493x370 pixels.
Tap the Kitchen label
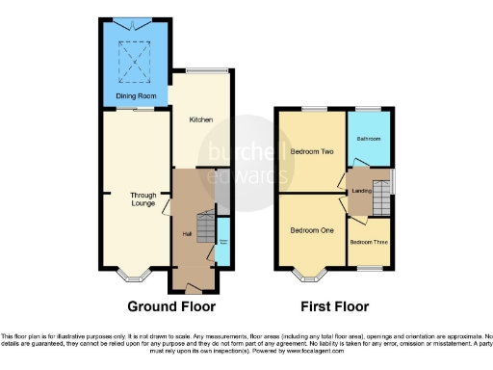tap(201, 119)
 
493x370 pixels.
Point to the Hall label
tap(188, 232)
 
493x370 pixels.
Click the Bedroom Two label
tap(311, 152)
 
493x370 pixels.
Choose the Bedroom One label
tap(311, 230)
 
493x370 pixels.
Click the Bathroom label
tap(369, 139)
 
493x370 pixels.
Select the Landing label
tap(363, 190)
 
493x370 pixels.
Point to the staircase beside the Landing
tap(382, 198)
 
